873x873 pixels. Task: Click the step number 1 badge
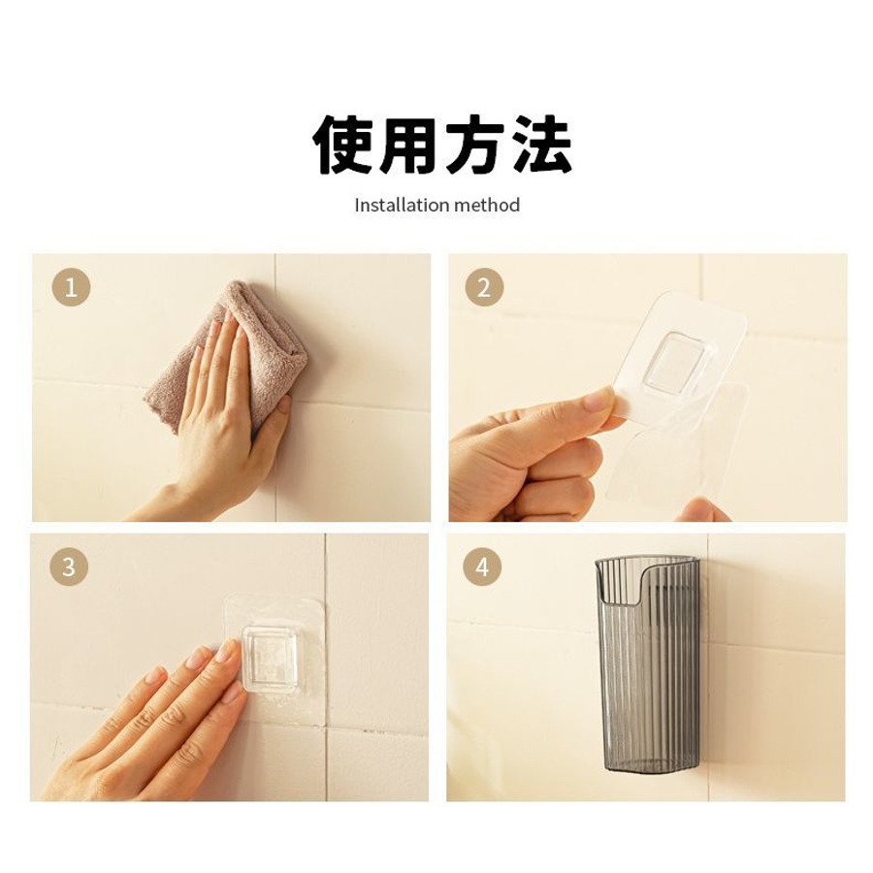(x=71, y=287)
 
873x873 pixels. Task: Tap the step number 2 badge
(x=484, y=287)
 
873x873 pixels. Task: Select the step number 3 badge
(x=69, y=566)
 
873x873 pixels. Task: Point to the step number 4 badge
(x=482, y=566)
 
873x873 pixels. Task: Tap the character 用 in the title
(x=408, y=145)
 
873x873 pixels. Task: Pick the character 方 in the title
(x=474, y=145)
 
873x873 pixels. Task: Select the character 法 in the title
(x=540, y=145)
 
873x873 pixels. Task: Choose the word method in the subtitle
(x=487, y=205)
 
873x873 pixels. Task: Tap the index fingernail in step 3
(x=228, y=649)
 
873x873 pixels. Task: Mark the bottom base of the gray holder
(x=649, y=766)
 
